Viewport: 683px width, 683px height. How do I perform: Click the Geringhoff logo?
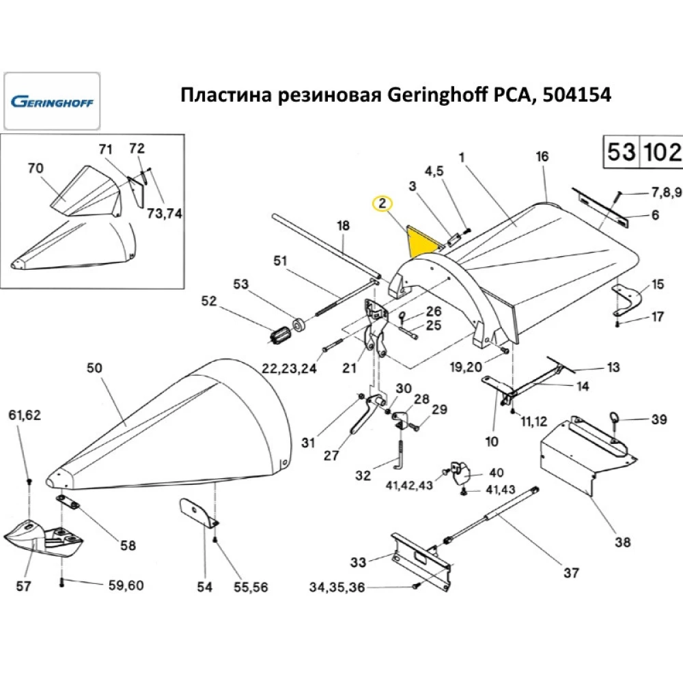tap(52, 102)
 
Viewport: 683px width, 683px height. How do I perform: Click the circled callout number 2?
tap(382, 203)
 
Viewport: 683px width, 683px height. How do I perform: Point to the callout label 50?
tap(94, 368)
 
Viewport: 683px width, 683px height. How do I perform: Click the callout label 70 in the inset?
tap(36, 167)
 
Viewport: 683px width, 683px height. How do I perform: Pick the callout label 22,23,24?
tap(290, 369)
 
